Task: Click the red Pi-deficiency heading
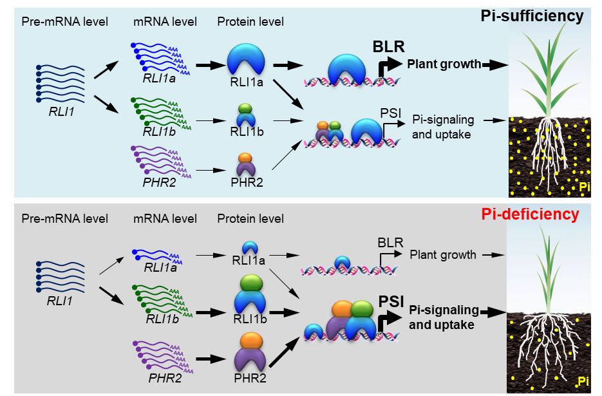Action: (x=531, y=214)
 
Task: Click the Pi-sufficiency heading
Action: (x=532, y=16)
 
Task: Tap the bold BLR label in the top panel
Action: (x=388, y=47)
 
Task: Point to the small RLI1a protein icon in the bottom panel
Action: (x=247, y=247)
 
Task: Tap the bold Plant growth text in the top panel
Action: (x=444, y=64)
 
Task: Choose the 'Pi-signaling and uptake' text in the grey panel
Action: (x=444, y=317)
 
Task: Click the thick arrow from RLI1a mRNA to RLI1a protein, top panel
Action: (x=208, y=65)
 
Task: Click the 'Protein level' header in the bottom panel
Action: (x=250, y=219)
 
